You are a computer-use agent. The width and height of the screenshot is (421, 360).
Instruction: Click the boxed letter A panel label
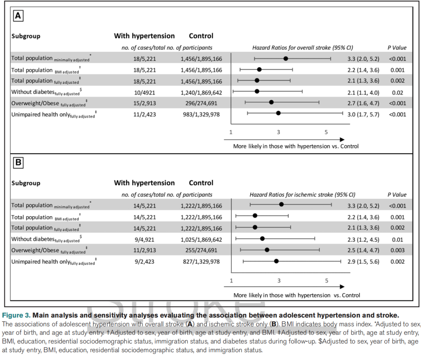click(18, 16)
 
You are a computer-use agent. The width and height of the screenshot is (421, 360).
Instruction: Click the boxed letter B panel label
click(18, 163)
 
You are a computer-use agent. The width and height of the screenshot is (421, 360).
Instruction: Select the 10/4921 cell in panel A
click(145, 93)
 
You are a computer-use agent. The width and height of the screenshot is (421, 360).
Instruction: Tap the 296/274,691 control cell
click(201, 103)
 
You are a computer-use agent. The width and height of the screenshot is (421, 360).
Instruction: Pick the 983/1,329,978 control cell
click(201, 115)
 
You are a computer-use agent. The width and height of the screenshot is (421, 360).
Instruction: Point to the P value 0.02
click(397, 93)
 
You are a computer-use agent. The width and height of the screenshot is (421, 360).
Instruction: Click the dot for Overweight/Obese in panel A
click(271, 102)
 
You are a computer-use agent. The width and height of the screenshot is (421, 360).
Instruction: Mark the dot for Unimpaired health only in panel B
click(276, 261)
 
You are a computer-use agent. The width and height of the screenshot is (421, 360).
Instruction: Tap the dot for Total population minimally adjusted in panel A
click(286, 59)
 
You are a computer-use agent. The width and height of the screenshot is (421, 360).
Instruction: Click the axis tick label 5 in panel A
click(326, 132)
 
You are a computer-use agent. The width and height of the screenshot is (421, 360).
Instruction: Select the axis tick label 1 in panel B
click(231, 281)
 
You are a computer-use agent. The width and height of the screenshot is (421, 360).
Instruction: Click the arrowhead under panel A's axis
click(342, 140)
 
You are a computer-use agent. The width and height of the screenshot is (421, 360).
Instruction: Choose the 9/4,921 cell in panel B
click(145, 239)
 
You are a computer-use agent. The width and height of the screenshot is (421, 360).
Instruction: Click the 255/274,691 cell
click(201, 250)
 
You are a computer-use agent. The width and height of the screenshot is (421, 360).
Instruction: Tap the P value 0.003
click(397, 250)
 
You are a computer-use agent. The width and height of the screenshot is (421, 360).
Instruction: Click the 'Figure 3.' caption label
click(16, 315)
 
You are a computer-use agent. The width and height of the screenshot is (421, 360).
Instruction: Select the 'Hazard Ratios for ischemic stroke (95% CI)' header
click(302, 195)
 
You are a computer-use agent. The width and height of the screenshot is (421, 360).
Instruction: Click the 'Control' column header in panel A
click(201, 36)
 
